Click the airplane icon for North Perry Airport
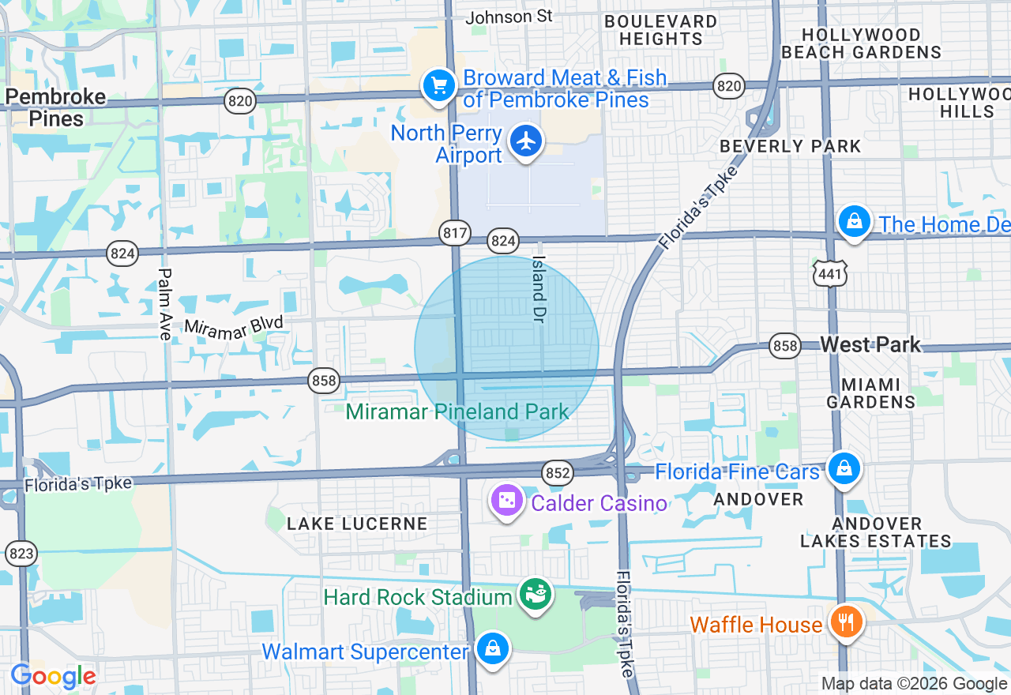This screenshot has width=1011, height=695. click(526, 142)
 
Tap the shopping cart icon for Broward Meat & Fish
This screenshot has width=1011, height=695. click(438, 85)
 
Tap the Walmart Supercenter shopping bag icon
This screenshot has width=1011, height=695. click(493, 650)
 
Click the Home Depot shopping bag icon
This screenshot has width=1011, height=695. click(854, 222)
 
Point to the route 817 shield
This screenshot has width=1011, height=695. click(455, 233)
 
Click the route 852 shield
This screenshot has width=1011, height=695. click(557, 473)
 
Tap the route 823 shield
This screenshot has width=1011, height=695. click(21, 553)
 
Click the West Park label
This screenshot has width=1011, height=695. click(870, 344)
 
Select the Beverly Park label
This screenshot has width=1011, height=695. click(791, 146)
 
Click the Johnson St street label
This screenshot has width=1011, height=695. click(509, 17)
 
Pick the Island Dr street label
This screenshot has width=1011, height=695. click(539, 278)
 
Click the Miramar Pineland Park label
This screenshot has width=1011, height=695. click(457, 411)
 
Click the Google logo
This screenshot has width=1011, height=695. click(53, 676)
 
